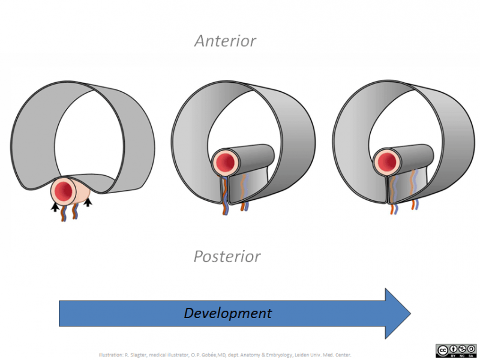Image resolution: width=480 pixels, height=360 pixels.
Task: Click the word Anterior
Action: click(x=225, y=41)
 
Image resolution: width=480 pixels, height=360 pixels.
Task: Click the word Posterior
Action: click(x=227, y=257)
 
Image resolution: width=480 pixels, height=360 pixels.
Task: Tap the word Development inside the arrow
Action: click(x=227, y=313)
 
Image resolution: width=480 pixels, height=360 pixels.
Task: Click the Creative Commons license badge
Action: click(x=455, y=351)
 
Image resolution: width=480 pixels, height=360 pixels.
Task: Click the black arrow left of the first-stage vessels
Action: click(x=55, y=207)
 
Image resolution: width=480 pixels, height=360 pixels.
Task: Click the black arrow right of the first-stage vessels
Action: click(x=88, y=203)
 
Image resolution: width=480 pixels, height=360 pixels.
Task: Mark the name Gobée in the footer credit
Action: click(x=203, y=355)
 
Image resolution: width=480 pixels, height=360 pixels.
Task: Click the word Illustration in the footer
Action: click(x=112, y=355)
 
